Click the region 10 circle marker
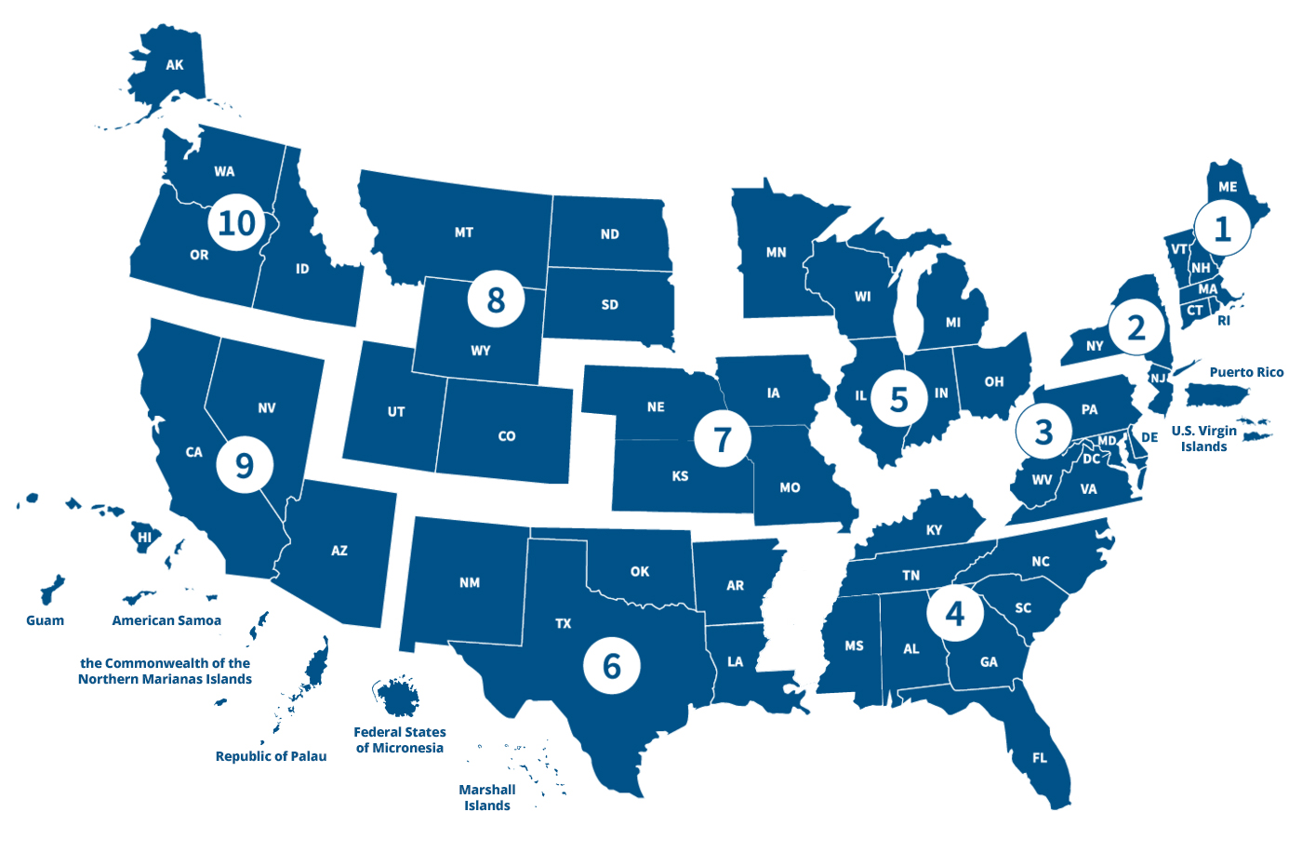(x=236, y=223)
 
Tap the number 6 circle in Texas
(x=611, y=666)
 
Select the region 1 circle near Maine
(x=1222, y=228)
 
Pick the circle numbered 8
(x=496, y=300)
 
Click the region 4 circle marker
(x=954, y=613)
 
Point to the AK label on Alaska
(x=175, y=65)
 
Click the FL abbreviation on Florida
(x=1040, y=758)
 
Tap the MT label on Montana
(x=464, y=233)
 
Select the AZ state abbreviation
(x=339, y=551)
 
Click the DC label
(x=1091, y=459)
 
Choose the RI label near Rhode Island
(x=1224, y=321)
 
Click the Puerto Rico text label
(x=1246, y=372)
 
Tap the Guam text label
(x=45, y=620)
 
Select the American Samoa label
(x=166, y=620)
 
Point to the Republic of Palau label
(x=271, y=756)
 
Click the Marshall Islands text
(x=487, y=797)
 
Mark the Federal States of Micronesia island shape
(x=399, y=696)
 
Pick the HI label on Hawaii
(x=144, y=538)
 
